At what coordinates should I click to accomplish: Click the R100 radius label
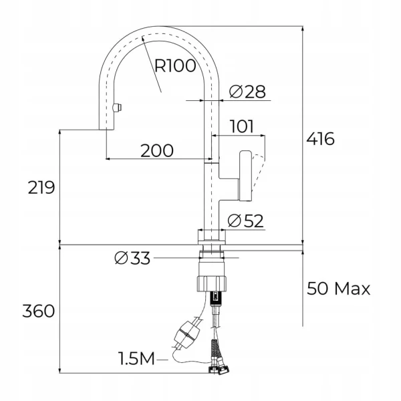[x=175, y=65]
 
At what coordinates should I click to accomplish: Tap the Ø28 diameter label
[x=247, y=92]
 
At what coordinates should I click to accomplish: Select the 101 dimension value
[x=242, y=126]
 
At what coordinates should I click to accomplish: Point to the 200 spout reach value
[x=157, y=150]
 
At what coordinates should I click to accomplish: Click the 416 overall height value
[x=320, y=139]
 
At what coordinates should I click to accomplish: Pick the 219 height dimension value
[x=41, y=188]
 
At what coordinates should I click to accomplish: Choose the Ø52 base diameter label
[x=245, y=221]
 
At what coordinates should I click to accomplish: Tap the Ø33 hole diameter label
[x=132, y=258]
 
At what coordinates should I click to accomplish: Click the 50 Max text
[x=338, y=289]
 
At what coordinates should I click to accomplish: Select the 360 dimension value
[x=38, y=311]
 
